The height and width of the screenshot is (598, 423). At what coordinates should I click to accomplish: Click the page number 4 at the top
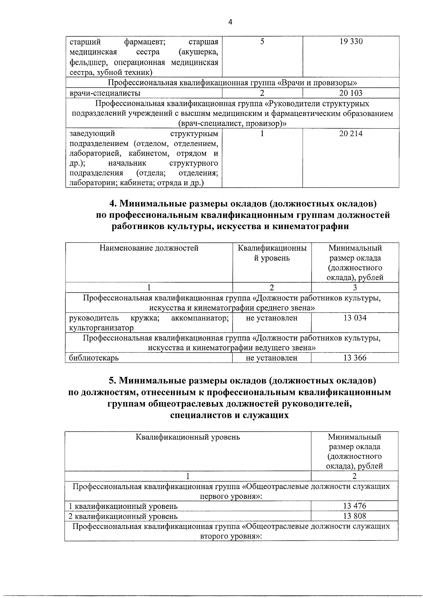230,22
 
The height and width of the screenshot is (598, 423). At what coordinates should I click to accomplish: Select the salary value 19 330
351,42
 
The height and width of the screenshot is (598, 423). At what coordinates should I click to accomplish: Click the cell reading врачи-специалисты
105,93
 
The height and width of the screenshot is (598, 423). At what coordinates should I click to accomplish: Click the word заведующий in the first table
92,134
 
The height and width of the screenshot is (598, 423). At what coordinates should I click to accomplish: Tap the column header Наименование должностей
149,248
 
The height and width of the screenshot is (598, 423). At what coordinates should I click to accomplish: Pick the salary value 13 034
355,318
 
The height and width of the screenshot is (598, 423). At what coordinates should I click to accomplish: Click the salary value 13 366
355,358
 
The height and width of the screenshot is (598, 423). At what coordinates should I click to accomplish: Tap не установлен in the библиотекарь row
272,358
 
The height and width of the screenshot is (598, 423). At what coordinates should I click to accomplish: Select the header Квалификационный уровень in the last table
188,437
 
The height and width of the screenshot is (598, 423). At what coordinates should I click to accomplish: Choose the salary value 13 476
355,506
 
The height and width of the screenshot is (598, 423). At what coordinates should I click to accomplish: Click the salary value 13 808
355,516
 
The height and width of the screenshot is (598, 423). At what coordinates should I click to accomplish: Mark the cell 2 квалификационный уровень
123,516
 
